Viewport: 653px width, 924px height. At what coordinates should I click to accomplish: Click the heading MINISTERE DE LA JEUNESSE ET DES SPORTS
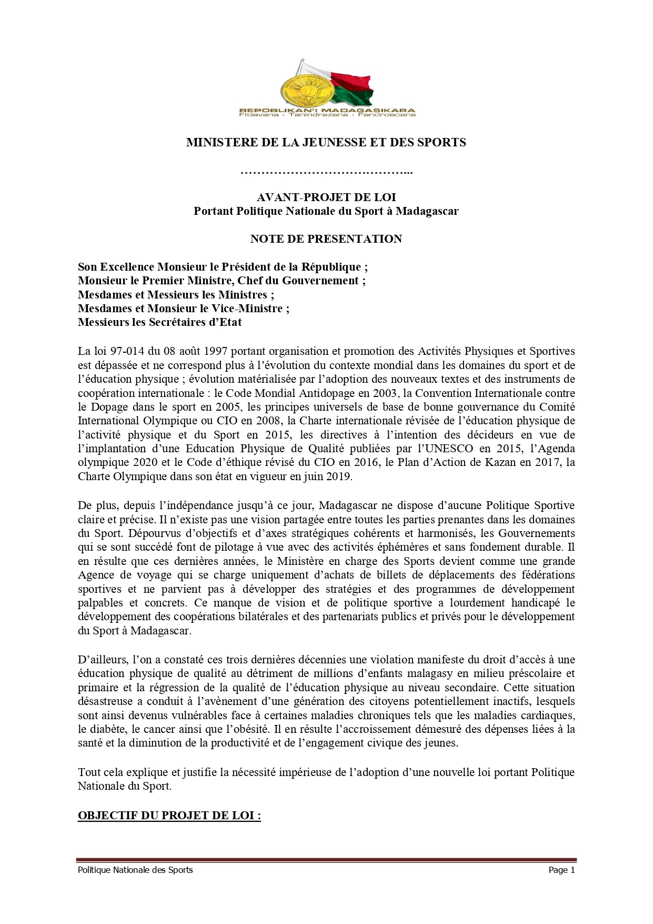326,142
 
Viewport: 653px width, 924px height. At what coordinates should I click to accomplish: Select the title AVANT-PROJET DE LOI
326,197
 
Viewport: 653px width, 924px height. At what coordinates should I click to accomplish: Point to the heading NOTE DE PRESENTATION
326,239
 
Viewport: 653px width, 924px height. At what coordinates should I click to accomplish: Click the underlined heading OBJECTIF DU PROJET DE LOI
169,816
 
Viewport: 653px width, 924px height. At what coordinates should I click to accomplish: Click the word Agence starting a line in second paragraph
96,575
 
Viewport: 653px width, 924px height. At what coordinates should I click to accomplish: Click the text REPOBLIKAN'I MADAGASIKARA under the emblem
327,110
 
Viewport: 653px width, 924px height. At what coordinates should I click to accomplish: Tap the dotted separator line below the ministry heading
326,172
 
